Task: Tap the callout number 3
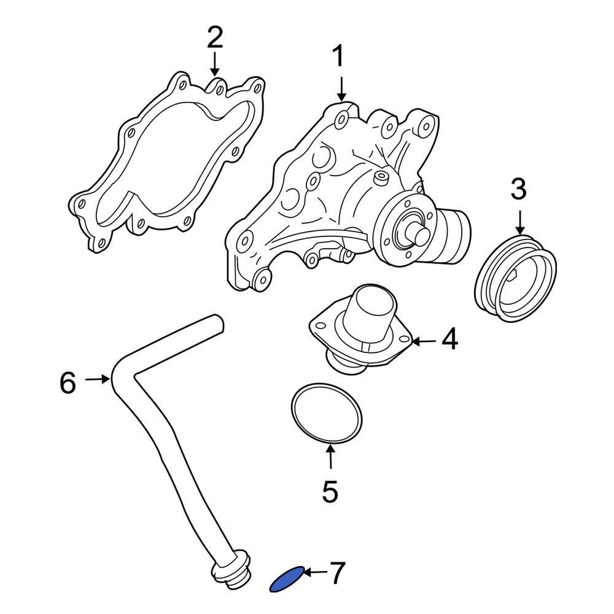pos(519,190)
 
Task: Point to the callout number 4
pos(449,340)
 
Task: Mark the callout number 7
pos(338,573)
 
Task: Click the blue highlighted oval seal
pos(287,579)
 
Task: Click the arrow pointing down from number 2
pos(214,64)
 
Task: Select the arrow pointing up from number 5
pos(330,457)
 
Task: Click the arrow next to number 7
pos(316,573)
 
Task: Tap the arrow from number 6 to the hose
pos(97,380)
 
